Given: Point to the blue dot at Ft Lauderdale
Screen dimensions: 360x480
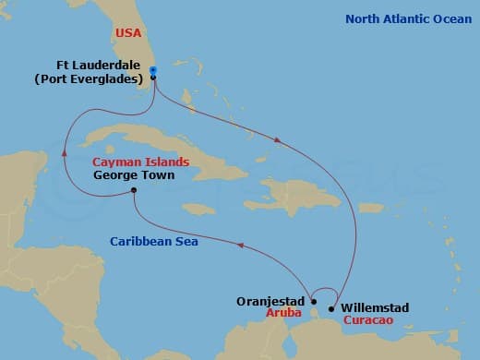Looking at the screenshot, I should click(x=153, y=71).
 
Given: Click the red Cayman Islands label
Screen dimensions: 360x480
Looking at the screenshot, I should click(x=141, y=162).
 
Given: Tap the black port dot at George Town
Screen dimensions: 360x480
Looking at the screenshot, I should click(x=135, y=191).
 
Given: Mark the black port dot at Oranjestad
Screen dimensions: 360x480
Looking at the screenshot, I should click(x=314, y=301).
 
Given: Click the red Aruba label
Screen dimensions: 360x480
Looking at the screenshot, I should click(x=281, y=315).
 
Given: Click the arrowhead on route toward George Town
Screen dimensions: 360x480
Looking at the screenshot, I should click(x=241, y=246).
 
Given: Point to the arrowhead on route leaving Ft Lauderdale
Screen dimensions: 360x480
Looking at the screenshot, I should click(x=278, y=139).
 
